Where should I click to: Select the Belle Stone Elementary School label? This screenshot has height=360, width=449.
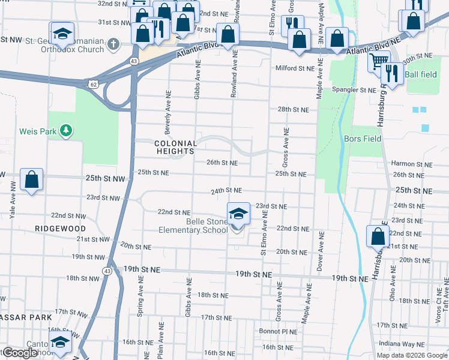point(193,225)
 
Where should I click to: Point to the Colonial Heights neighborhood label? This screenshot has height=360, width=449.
point(175,148)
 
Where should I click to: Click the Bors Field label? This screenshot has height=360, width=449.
point(363,139)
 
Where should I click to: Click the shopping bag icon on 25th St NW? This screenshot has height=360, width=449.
point(31,179)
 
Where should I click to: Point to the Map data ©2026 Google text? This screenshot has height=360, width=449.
point(412,355)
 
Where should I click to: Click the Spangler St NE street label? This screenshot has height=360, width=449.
point(354,90)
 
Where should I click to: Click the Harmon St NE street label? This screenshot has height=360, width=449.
point(411,164)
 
